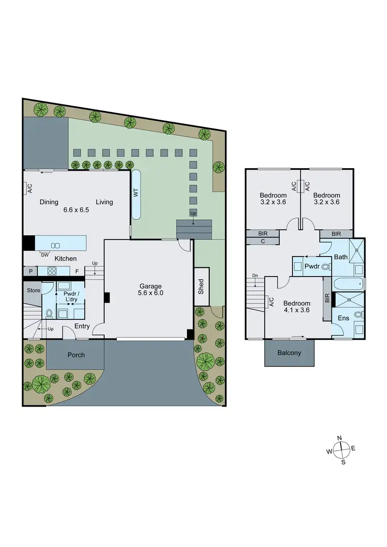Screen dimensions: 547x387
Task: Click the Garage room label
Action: [x=151, y=286]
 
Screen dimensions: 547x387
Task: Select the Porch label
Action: [x=76, y=355]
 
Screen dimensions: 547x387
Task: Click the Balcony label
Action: [x=289, y=353]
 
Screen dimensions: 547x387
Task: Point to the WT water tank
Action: [x=137, y=193]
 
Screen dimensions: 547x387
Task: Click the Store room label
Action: [x=34, y=291]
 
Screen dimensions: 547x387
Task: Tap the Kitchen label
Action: [x=66, y=259]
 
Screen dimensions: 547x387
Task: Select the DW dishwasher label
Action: [x=45, y=254]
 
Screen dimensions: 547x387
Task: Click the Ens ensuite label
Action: [x=344, y=318]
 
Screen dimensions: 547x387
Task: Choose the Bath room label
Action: [x=341, y=256]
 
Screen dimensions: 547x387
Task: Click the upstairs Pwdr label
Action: [x=311, y=267]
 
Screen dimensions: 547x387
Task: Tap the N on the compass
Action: [x=340, y=438]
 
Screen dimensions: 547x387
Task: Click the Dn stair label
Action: [x=255, y=276]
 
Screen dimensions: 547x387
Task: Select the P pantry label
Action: [x=30, y=270]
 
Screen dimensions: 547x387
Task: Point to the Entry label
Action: [x=82, y=326]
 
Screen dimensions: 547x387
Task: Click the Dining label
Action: [x=49, y=202]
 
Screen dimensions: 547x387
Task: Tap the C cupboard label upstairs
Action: [x=263, y=241]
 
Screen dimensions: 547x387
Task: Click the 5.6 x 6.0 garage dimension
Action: [x=151, y=294]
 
